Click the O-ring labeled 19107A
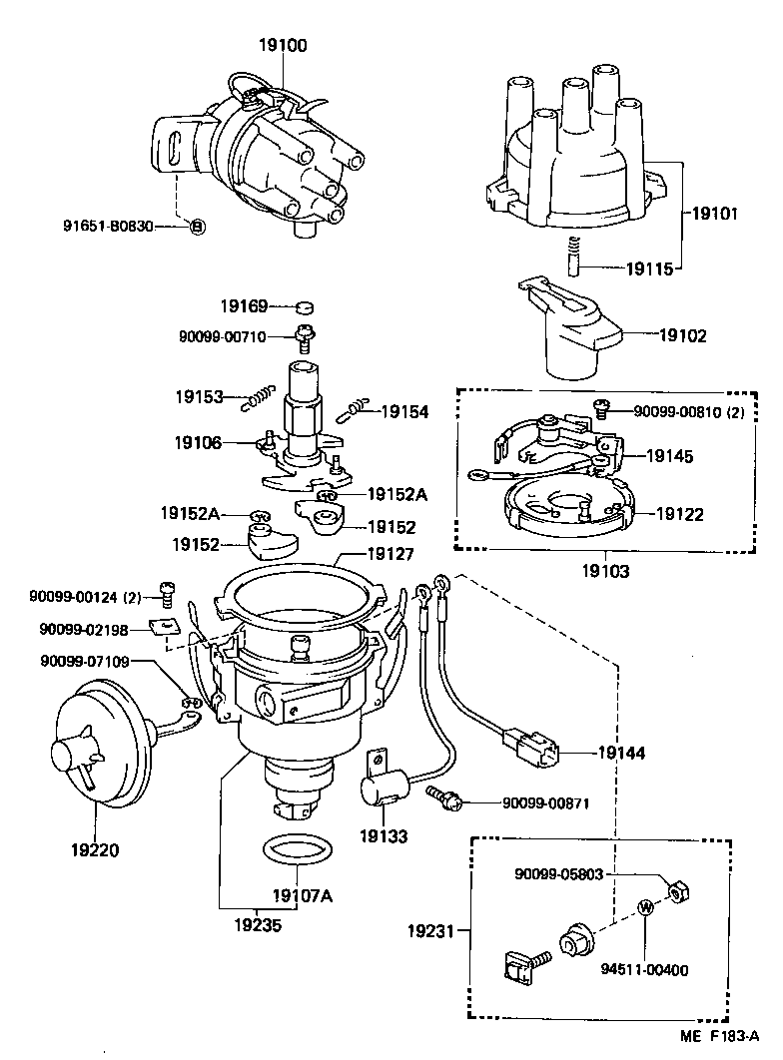coord(297,854)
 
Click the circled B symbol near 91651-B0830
coord(197,227)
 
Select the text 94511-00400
coord(644,968)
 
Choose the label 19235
coord(258,925)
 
